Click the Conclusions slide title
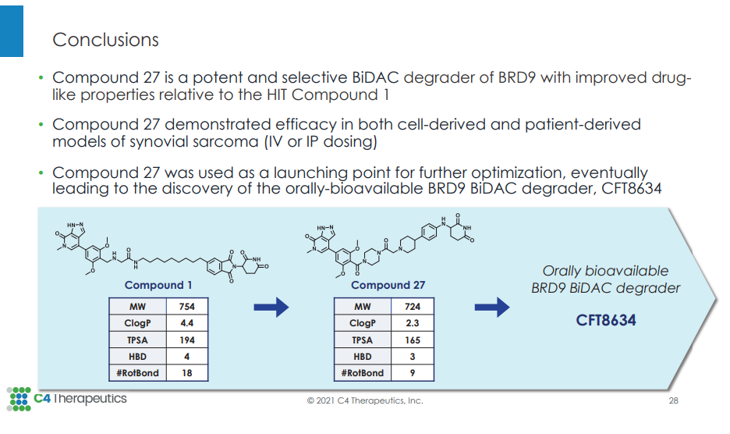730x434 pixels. [x=105, y=40]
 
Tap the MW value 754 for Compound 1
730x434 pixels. [x=186, y=306]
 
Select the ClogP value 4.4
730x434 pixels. [x=186, y=323]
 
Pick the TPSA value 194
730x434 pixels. [x=186, y=340]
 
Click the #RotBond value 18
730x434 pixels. [x=186, y=373]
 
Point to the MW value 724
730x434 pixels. [x=413, y=306]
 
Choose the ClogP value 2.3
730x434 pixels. [x=413, y=323]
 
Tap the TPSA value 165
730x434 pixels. [x=413, y=340]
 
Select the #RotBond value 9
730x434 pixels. [x=413, y=373]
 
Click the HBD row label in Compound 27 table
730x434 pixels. [x=362, y=357]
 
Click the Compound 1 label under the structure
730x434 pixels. [x=158, y=285]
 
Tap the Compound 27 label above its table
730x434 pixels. [x=388, y=285]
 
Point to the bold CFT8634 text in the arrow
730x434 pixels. [x=606, y=320]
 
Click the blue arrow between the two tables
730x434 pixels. [x=271, y=307]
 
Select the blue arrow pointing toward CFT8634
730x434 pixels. [x=492, y=307]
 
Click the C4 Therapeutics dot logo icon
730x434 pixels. [x=19, y=399]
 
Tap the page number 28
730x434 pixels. [x=673, y=400]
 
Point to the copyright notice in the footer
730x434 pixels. [x=365, y=400]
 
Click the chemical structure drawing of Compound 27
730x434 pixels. [x=390, y=246]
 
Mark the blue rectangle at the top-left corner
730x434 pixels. [x=12, y=31]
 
